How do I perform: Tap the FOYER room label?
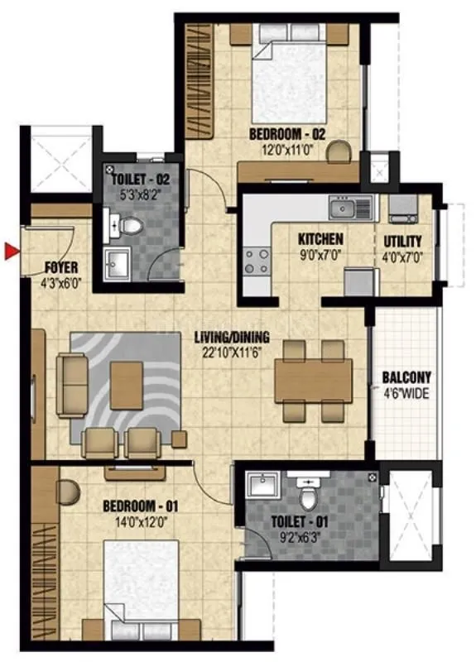point(60,267)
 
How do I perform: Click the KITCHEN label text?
point(320,240)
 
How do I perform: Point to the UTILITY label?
point(403,241)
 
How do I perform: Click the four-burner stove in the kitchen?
point(257,260)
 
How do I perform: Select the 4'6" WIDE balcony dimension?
point(406,393)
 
